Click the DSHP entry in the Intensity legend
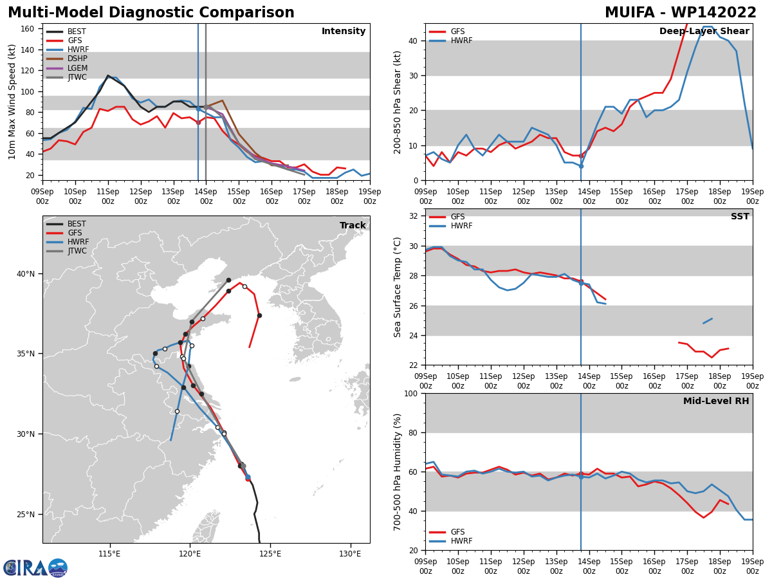(x=67, y=59)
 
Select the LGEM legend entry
(x=67, y=68)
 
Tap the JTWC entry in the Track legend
(x=66, y=251)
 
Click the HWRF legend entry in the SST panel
(x=451, y=226)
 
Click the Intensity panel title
(x=344, y=31)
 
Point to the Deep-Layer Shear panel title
(x=704, y=31)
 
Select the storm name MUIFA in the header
(x=630, y=13)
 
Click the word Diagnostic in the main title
(x=152, y=13)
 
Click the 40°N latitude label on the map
(x=26, y=274)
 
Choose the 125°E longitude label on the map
(x=270, y=554)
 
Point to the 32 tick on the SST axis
(x=413, y=216)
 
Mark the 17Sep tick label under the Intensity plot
(x=304, y=196)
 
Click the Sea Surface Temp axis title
(x=397, y=288)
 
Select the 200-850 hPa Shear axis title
(x=397, y=103)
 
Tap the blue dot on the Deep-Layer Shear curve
(x=581, y=166)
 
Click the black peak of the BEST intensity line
(x=108, y=75)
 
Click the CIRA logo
(x=35, y=567)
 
